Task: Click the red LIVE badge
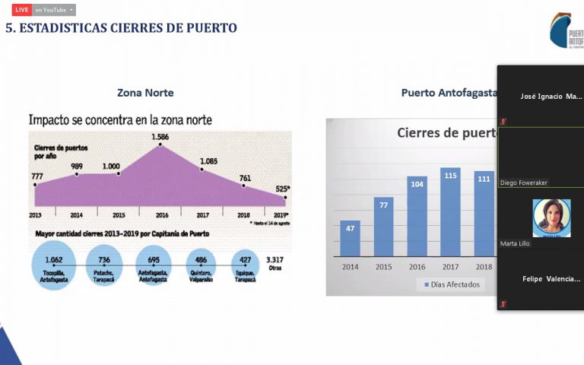point(21,10)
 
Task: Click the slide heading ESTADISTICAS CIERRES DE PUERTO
point(122,28)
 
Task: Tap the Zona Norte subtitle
point(145,93)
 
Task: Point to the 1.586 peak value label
point(160,137)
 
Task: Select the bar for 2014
point(350,238)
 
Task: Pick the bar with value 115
point(450,212)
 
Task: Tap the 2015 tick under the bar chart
point(383,267)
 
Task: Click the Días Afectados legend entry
point(452,284)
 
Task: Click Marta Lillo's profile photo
point(551,217)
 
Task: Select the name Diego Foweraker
point(524,182)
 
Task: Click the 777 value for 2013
point(37,176)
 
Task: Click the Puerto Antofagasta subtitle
point(449,93)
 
